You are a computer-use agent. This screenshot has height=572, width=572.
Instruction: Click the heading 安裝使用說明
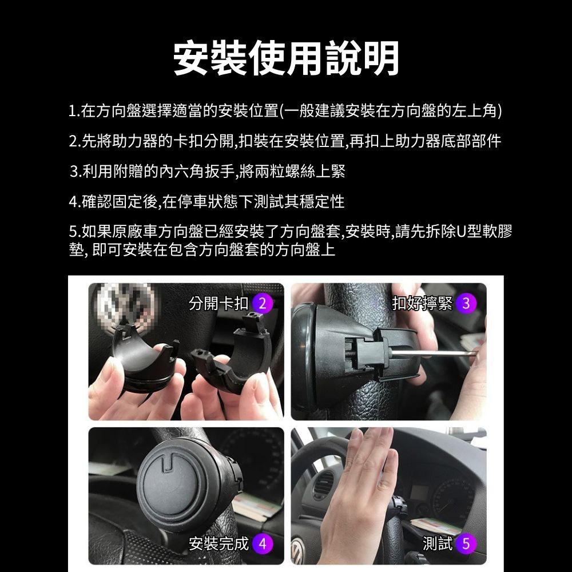point(286,58)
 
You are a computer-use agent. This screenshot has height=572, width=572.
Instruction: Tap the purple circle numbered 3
point(466,304)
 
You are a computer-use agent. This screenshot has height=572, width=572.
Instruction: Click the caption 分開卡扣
point(219,304)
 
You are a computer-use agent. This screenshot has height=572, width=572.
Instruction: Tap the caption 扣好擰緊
point(422,304)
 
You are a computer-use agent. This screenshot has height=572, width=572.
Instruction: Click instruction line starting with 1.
point(285,110)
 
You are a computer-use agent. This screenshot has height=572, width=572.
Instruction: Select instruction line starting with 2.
point(285,141)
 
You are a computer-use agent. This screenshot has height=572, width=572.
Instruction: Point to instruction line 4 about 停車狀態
point(206,201)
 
